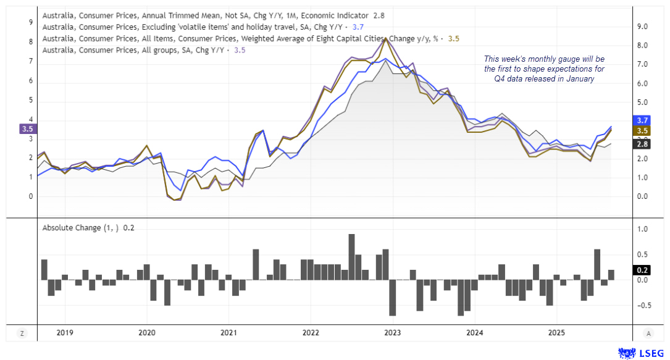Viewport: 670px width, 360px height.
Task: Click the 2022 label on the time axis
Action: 311,333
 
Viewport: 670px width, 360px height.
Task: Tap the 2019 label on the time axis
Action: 65,333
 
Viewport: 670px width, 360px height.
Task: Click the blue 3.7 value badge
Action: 642,120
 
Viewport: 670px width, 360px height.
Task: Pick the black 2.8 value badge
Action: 642,144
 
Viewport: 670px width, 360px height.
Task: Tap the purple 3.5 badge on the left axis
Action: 27,129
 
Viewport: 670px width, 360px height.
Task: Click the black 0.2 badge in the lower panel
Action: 642,270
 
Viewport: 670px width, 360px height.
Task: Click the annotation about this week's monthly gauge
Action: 544,69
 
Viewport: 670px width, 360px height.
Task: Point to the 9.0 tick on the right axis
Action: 642,27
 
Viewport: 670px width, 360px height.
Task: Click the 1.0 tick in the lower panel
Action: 642,229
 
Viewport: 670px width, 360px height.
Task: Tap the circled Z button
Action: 22,333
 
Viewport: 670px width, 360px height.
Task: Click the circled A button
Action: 648,333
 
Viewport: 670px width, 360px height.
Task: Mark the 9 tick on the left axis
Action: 31,22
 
